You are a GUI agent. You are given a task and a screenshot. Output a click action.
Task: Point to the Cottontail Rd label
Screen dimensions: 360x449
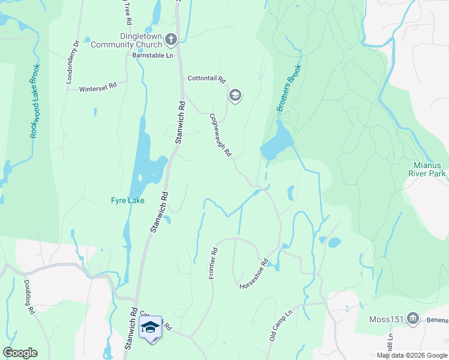click(x=206, y=79)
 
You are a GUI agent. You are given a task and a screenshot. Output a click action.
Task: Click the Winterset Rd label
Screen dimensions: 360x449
click(x=98, y=88)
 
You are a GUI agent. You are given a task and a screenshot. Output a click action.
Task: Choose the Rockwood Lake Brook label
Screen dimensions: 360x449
click(x=35, y=101)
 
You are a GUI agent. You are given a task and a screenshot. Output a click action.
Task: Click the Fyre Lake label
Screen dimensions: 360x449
click(x=127, y=200)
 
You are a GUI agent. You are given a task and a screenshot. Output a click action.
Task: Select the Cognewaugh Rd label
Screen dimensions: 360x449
click(x=220, y=135)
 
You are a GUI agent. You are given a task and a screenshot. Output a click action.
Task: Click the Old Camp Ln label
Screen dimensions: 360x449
click(x=280, y=324)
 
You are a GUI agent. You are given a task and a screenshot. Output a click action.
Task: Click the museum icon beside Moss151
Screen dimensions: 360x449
click(x=412, y=317)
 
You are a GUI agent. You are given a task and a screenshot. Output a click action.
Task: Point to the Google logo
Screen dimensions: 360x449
click(x=20, y=353)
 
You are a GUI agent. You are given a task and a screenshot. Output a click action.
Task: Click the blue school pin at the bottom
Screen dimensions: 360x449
click(x=150, y=328)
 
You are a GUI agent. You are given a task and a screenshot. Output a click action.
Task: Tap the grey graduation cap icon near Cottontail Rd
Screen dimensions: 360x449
click(x=235, y=95)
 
